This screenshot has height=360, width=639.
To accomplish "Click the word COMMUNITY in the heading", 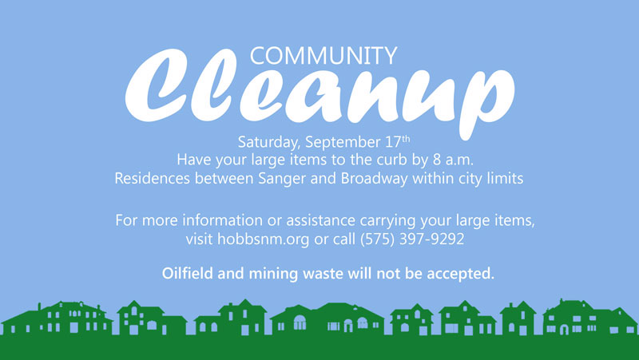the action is [323, 56].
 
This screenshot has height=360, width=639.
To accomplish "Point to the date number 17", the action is [393, 142].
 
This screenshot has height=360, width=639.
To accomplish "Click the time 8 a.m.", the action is [453, 160].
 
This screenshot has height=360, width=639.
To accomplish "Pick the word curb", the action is [391, 160].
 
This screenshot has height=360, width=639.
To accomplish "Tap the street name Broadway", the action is [375, 179].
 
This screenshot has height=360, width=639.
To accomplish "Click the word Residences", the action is [152, 178].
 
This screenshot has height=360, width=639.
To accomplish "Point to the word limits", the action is [506, 178].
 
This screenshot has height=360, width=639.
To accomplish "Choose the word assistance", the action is [321, 220].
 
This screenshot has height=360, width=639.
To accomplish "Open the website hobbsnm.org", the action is [264, 239].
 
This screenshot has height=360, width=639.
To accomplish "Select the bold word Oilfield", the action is [188, 273].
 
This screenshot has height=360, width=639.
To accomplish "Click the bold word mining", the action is [273, 274].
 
